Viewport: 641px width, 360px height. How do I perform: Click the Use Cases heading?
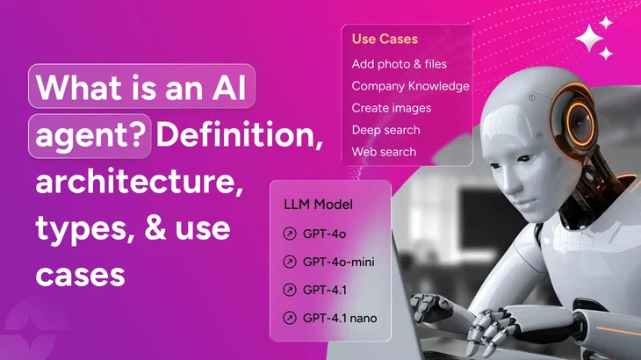coord(385,39)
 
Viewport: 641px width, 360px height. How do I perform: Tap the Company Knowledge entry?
coord(410,86)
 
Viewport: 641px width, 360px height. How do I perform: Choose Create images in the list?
coord(392,108)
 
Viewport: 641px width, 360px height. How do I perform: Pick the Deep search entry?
coord(385,130)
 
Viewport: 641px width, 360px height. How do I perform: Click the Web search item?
coord(384,152)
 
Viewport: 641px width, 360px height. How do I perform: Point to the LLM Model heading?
coord(318,205)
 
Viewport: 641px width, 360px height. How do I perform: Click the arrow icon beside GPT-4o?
coord(290,234)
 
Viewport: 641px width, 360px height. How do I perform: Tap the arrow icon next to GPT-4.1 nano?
coord(290,317)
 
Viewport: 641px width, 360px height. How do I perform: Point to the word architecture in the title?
coord(139,184)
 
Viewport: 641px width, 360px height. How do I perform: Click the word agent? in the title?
coord(91,137)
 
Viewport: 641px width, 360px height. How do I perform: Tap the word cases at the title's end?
coord(80,274)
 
